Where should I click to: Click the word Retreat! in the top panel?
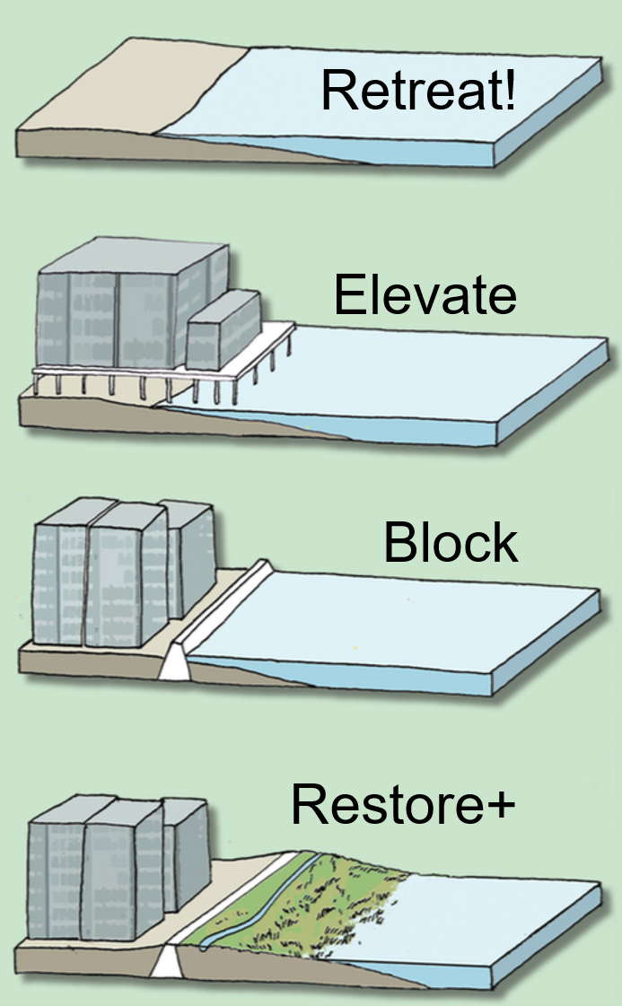point(417,92)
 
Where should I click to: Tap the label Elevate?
point(425,295)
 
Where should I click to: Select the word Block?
point(450,542)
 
